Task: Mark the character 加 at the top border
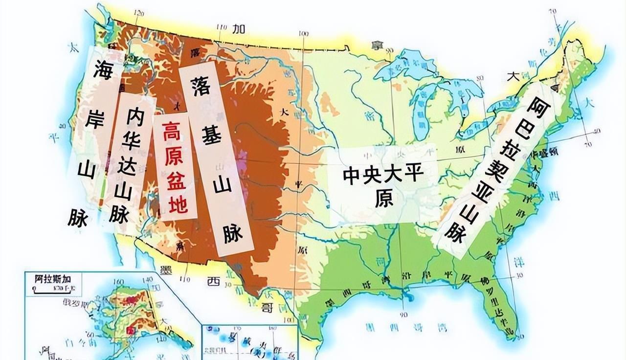pyautogui.click(x=239, y=29)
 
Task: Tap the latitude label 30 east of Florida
pyautogui.click(x=519, y=275)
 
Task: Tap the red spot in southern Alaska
pyautogui.click(x=132, y=331)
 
